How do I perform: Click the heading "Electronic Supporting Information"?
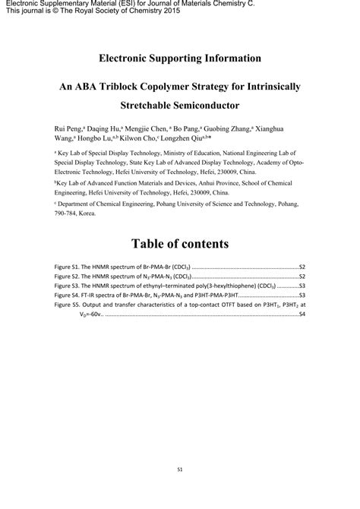click(x=180, y=58)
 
